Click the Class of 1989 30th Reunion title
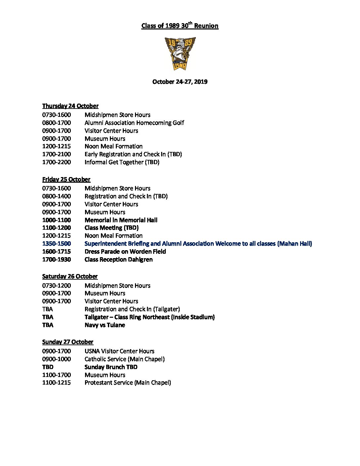point(180,26)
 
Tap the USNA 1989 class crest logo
point(180,53)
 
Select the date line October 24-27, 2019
point(180,82)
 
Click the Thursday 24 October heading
point(70,106)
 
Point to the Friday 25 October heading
point(66,179)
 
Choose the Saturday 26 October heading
point(70,276)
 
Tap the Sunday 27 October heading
point(67,342)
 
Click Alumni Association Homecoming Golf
point(134,123)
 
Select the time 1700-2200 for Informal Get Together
point(56,162)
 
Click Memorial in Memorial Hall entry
point(121,220)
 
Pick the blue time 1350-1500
point(56,244)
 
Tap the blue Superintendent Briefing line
point(198,244)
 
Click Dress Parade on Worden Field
point(125,252)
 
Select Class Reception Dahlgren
point(118,259)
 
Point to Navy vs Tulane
point(105,325)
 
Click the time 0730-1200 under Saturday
point(56,286)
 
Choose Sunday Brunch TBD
point(111,367)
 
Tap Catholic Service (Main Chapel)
point(124,359)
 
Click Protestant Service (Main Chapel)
point(128,383)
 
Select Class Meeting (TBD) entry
point(112,228)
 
